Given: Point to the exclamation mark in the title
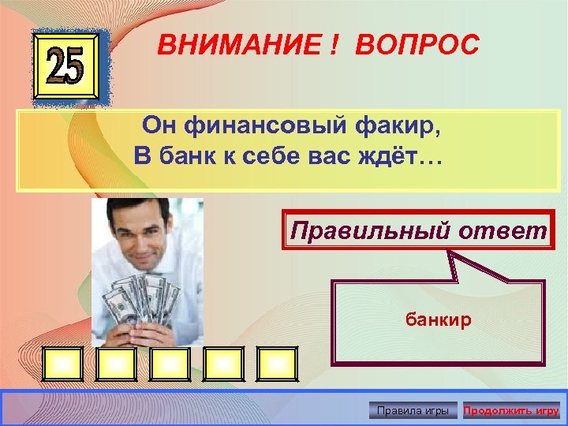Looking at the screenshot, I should tap(335, 46).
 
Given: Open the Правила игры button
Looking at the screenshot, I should tap(413, 410).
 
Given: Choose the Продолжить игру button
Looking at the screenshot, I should tap(511, 410).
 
